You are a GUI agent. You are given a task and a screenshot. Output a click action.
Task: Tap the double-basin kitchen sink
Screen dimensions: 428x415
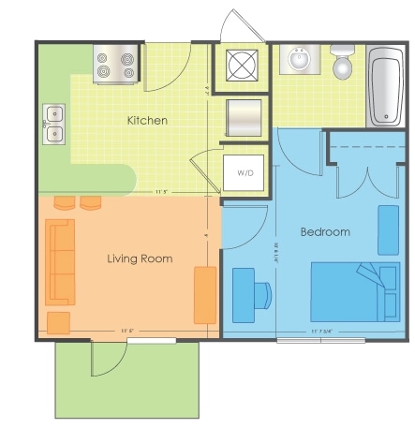[x=53, y=124]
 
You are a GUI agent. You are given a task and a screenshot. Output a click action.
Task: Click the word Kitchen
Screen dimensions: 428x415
[x=147, y=121]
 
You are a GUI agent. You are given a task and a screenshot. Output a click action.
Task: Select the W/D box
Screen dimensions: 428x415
[x=245, y=173]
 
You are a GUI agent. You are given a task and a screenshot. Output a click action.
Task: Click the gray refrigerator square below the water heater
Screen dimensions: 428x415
[x=243, y=117]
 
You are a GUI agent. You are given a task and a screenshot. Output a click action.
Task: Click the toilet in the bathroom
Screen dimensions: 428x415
[x=343, y=63]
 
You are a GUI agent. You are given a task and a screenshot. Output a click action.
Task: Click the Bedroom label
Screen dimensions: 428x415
[x=325, y=231]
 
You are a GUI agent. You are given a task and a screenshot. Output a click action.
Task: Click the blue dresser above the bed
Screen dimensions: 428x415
[x=388, y=229]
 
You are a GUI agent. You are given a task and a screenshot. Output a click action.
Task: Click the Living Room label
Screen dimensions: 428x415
[x=140, y=258]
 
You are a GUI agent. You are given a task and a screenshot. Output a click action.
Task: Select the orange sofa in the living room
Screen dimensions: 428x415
[x=61, y=262]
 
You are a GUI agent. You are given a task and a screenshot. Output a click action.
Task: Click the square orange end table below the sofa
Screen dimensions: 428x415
[x=58, y=322]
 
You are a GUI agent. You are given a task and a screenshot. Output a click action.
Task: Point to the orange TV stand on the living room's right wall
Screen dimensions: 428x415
[x=205, y=295]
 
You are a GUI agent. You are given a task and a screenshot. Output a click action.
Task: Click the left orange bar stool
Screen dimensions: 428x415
[x=65, y=202]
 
